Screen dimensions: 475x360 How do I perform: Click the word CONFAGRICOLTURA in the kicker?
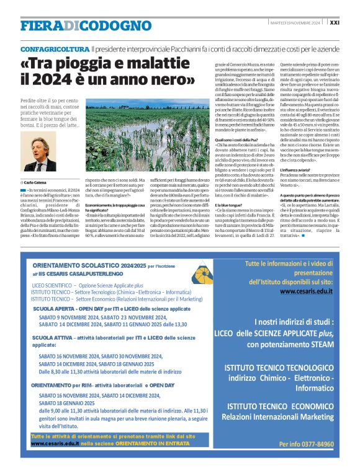(54, 48)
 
